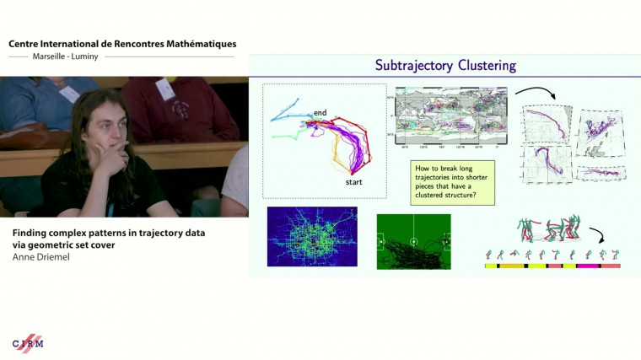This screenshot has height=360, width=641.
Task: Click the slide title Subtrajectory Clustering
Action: click(x=444, y=65)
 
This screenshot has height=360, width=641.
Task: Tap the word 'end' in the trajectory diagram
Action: click(x=320, y=112)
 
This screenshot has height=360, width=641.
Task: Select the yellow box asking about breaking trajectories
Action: click(x=453, y=183)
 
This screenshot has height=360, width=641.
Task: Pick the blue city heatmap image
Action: click(x=311, y=237)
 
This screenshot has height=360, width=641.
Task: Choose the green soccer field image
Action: click(x=413, y=241)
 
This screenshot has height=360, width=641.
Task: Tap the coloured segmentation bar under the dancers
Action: click(x=552, y=266)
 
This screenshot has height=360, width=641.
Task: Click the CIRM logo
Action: click(x=27, y=343)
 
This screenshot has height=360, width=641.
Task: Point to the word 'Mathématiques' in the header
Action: click(x=197, y=43)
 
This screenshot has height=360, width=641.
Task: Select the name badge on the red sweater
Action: click(x=165, y=88)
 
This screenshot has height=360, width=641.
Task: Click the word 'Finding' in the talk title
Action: click(x=31, y=233)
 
